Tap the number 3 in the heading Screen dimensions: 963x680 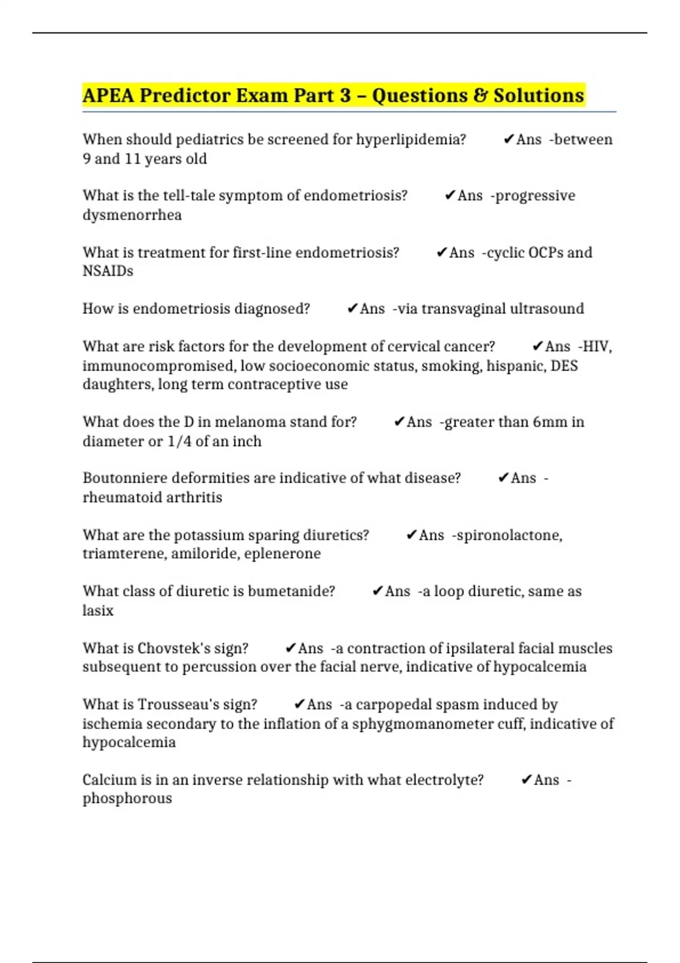(x=345, y=95)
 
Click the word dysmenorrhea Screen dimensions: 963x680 (x=132, y=215)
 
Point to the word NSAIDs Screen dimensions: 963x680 (x=108, y=271)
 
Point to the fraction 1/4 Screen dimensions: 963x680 (x=180, y=441)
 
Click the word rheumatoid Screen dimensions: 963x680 (x=120, y=497)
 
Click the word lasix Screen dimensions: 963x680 (x=98, y=611)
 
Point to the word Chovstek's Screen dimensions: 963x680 (x=173, y=648)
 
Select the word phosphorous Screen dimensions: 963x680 (x=127, y=799)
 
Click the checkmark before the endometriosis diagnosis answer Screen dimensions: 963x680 (x=352, y=309)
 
